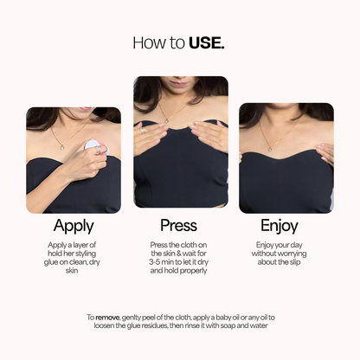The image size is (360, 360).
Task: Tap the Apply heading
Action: [x=73, y=226]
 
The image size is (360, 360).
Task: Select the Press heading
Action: [x=179, y=226]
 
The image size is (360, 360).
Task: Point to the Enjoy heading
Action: [x=285, y=226]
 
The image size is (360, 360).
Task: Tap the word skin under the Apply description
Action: [x=73, y=271]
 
